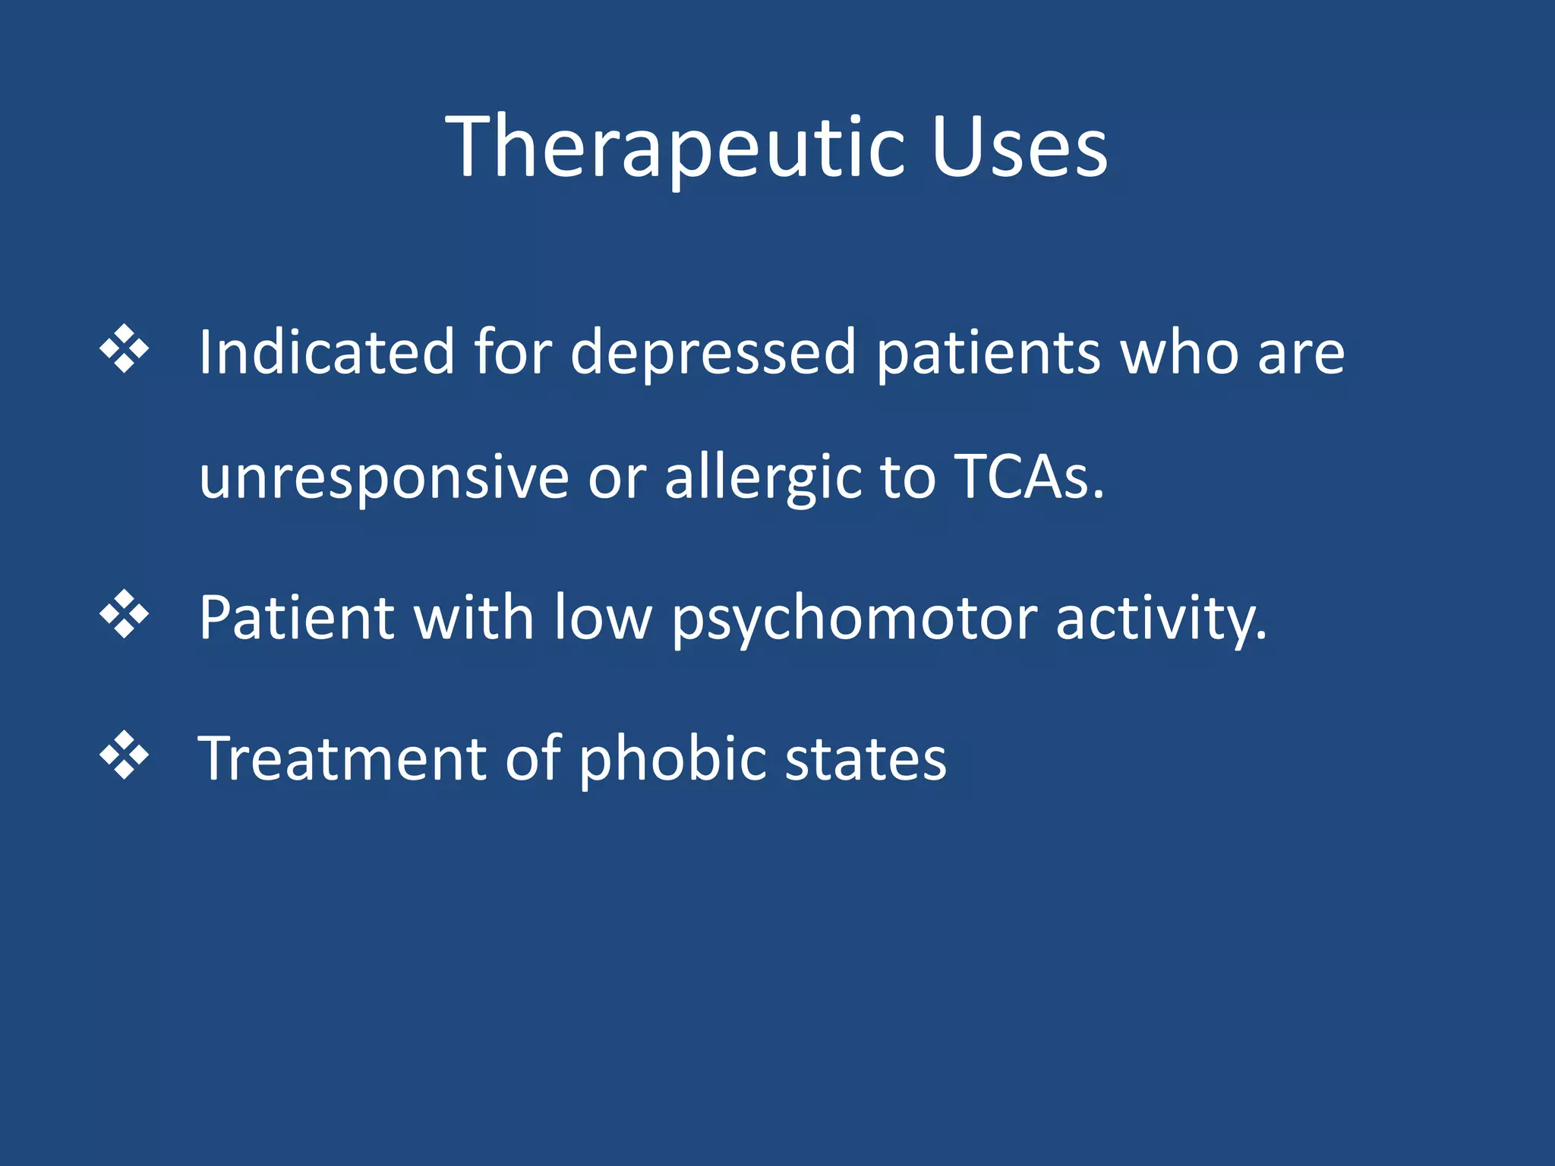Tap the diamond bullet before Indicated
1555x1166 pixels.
click(125, 348)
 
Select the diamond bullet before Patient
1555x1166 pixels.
click(125, 613)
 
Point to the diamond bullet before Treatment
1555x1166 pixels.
click(125, 755)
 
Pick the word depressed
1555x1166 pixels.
click(713, 353)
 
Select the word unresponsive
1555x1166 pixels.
click(384, 478)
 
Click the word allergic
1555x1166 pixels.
click(763, 478)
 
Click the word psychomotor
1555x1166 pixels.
click(854, 619)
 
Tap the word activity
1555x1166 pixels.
click(1161, 619)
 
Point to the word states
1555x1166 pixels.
click(866, 759)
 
